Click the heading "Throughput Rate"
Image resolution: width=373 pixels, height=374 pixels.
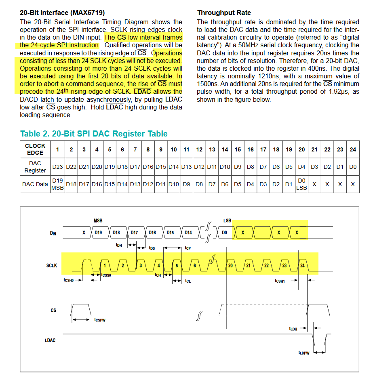coord(224,13)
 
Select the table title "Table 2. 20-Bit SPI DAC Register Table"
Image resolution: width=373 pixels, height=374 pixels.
coord(94,134)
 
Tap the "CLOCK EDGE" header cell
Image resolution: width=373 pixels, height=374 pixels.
coord(35,149)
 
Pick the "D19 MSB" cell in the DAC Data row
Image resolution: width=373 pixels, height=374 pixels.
coord(57,184)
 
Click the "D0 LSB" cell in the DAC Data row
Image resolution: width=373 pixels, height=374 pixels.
coord(301,184)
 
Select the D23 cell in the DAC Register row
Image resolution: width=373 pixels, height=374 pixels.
coord(57,166)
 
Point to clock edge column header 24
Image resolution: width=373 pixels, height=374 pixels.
coord(353,149)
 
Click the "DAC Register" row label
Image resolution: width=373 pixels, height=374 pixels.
coord(35,167)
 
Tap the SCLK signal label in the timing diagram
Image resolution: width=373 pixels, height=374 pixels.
coord(52,265)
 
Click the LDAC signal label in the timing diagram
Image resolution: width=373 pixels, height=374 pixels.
coord(50,340)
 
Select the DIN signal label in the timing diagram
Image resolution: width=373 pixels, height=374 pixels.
coord(53,233)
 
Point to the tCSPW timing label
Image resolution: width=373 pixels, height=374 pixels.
coord(99,320)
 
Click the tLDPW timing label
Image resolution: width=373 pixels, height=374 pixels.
coord(303,353)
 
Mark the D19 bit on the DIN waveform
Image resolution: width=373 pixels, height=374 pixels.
coord(98,233)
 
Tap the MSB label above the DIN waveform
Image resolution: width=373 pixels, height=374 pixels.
coord(98,221)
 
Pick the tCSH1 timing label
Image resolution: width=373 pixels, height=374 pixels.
coord(280,281)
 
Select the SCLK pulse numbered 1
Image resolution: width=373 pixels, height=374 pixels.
coord(105,265)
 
